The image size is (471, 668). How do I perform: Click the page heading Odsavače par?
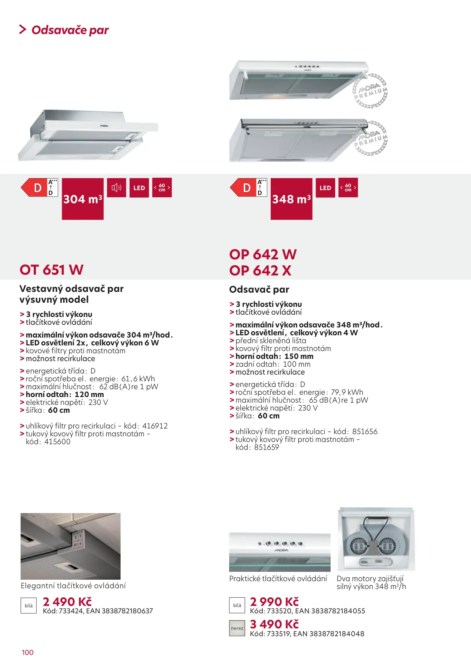point(70,30)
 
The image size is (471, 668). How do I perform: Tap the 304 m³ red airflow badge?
point(83,199)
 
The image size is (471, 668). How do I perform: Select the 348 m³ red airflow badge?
point(291,199)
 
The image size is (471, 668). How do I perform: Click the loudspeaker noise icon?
point(116,187)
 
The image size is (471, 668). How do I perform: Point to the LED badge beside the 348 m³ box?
point(325,187)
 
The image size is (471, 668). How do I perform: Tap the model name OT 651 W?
point(51,270)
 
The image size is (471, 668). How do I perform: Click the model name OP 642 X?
point(260,271)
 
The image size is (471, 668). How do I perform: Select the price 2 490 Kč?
point(67,601)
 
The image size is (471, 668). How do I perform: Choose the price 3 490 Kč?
point(274,624)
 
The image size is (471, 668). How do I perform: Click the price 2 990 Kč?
point(274,601)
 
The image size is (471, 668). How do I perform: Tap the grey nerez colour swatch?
point(237,628)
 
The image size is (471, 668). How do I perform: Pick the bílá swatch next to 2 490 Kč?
point(28,606)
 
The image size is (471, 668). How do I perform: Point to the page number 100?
point(28,652)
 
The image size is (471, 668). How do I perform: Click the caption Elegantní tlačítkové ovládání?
point(73,586)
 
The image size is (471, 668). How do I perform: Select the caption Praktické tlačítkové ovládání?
point(278,579)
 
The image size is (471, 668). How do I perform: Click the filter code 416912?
point(155,426)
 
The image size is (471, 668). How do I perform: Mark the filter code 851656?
point(365,431)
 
